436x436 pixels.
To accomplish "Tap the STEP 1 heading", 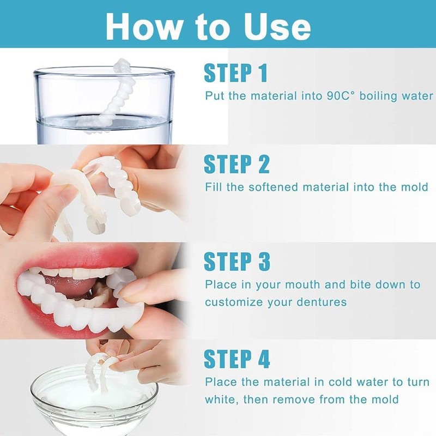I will coord(236,72).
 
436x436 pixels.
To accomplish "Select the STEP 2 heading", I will coord(237,163).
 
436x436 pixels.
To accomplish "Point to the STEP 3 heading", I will coord(237,261).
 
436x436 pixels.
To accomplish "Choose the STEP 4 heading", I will coord(237,359).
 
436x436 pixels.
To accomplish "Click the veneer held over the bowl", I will coord(101,371).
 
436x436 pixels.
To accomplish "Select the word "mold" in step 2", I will coord(415,187).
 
